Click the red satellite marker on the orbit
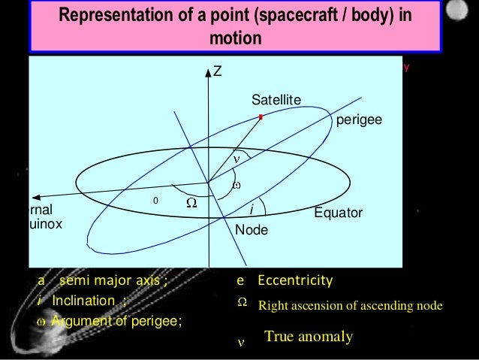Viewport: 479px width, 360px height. pos(261,117)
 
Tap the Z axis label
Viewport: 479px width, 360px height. pos(218,72)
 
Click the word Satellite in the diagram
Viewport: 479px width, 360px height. pos(276,100)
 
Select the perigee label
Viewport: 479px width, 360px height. pos(359,119)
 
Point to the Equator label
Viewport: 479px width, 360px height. pos(338,213)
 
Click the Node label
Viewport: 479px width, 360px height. pos(252,230)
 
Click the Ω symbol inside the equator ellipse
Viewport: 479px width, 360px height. pos(191,204)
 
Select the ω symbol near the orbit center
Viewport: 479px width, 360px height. pos(236,185)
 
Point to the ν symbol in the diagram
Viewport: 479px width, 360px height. pos(235,159)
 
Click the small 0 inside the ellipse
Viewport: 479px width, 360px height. pos(155,201)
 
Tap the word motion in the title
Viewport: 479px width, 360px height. pos(235,38)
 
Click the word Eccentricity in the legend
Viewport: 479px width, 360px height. pos(294,280)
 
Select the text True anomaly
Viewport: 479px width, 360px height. pos(308,337)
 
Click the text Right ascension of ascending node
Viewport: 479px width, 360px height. pos(350,306)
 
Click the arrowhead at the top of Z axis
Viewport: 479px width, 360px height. pos(209,73)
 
